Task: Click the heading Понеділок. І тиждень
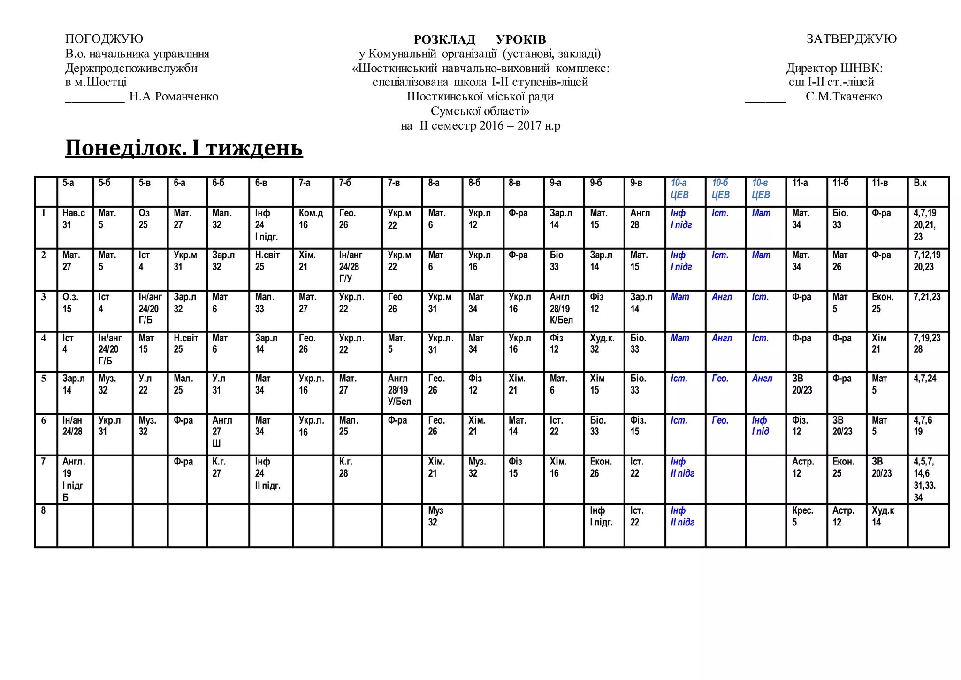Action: click(x=184, y=147)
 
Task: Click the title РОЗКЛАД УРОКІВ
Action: click(x=480, y=39)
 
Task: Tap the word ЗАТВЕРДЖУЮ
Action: click(x=851, y=39)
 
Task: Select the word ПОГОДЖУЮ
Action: click(x=104, y=39)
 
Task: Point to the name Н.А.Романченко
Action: click(x=174, y=97)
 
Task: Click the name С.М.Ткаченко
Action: click(x=844, y=97)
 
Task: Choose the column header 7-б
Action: click(x=345, y=183)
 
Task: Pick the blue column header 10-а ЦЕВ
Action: click(x=679, y=189)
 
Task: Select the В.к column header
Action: click(x=920, y=183)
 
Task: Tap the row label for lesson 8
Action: click(x=43, y=510)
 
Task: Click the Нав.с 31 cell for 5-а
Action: click(x=74, y=219)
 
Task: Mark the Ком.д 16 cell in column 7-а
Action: click(x=311, y=219)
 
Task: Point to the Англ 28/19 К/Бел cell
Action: click(x=561, y=309)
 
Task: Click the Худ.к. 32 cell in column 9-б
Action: click(x=602, y=344)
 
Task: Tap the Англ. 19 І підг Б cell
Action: click(x=74, y=479)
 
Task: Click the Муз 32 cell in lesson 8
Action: click(x=435, y=516)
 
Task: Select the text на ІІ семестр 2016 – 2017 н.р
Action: click(x=480, y=126)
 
